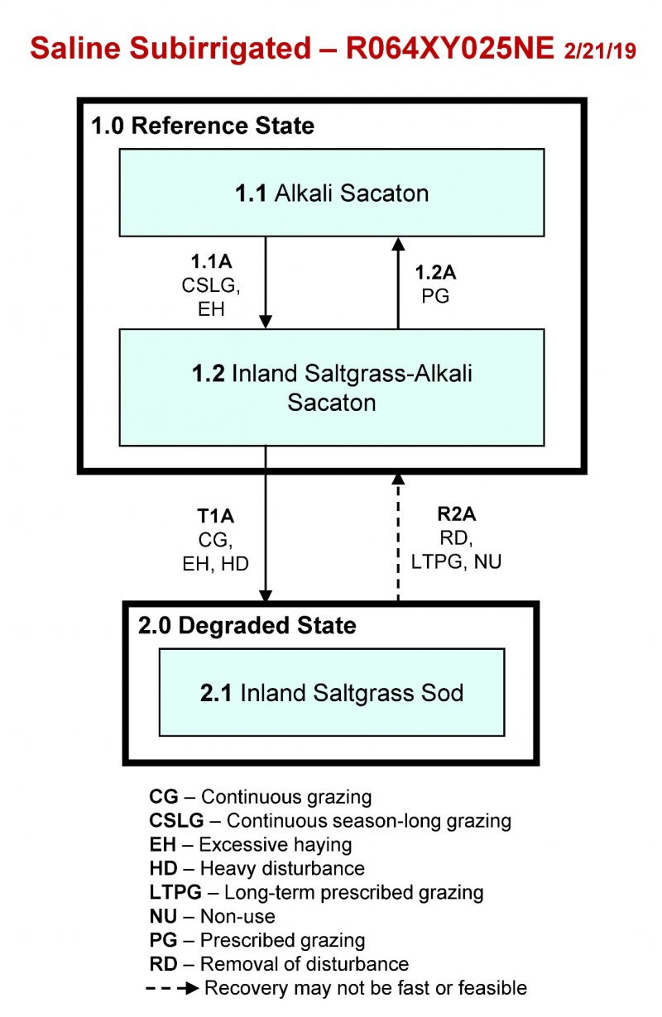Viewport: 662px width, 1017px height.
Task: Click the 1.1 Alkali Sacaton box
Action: pyautogui.click(x=331, y=193)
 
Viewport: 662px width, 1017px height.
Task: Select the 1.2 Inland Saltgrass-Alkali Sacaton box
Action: pyautogui.click(x=331, y=387)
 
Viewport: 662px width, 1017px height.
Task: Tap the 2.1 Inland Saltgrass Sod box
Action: pyautogui.click(x=331, y=692)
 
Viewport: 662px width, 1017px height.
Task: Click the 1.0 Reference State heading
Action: pyautogui.click(x=202, y=127)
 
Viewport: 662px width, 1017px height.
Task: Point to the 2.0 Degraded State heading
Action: pyautogui.click(x=247, y=626)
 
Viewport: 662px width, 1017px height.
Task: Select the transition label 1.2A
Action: pyautogui.click(x=435, y=272)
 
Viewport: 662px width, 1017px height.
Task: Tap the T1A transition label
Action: pyautogui.click(x=215, y=517)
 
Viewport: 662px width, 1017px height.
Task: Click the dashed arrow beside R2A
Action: pyautogui.click(x=398, y=537)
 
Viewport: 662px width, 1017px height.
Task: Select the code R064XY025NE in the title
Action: pyautogui.click(x=449, y=48)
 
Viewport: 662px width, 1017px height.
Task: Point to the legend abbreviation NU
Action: pyautogui.click(x=162, y=916)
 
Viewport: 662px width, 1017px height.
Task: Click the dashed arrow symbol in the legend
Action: pyautogui.click(x=173, y=988)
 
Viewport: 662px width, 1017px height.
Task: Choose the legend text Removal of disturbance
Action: pyautogui.click(x=305, y=964)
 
